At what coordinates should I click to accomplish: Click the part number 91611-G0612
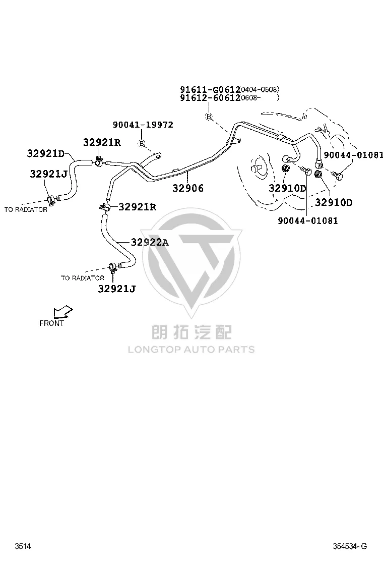click(210, 89)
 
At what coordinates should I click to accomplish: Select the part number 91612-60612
click(210, 98)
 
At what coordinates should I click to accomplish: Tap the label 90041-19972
click(143, 125)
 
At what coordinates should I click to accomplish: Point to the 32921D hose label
click(46, 153)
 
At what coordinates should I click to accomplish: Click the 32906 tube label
click(188, 188)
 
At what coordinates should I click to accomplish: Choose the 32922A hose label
click(150, 242)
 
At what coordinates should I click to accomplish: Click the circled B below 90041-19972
click(142, 143)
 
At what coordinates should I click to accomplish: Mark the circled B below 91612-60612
click(209, 116)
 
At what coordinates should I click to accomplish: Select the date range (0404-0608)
click(260, 89)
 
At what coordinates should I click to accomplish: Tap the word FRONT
click(51, 323)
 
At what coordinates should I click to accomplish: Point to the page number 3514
click(23, 546)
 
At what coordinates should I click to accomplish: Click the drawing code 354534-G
click(350, 546)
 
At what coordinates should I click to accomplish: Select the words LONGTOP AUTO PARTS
click(191, 349)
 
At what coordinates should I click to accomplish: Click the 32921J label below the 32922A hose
click(117, 289)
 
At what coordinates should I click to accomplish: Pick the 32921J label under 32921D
click(48, 174)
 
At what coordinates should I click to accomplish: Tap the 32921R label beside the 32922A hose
click(137, 207)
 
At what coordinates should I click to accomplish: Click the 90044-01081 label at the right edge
click(353, 155)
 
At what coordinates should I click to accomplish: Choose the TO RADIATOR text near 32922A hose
click(83, 278)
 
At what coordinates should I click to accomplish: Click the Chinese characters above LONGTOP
click(191, 331)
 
